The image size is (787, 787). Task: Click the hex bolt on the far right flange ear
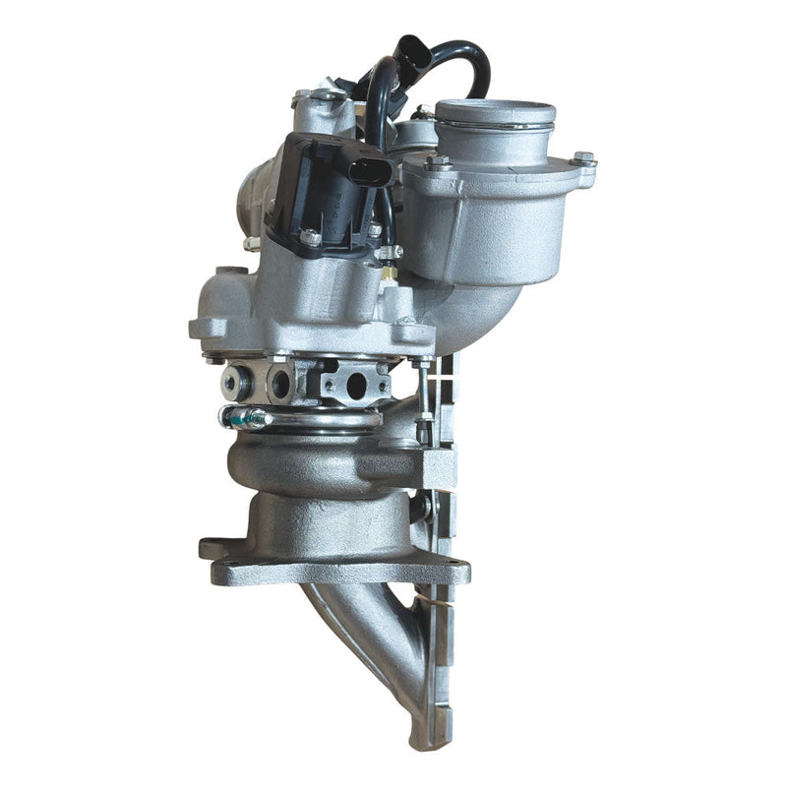pos(584,158)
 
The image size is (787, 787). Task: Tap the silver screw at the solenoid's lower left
pos(310,237)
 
